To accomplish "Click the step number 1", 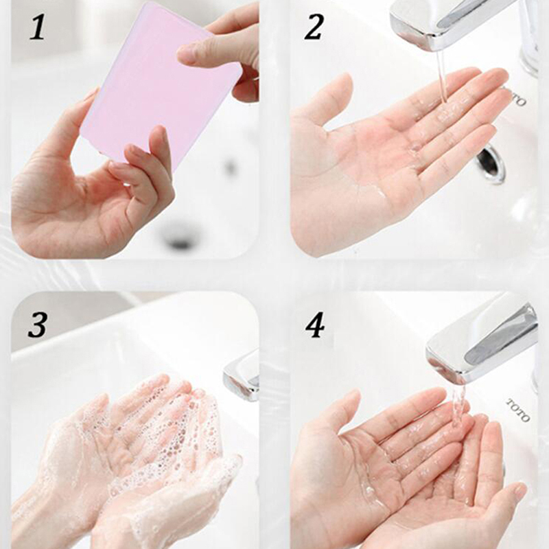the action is tap(38, 27).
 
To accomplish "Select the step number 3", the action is tap(38, 325).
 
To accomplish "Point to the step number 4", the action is tap(315, 325).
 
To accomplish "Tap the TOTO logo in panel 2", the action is tap(514, 97).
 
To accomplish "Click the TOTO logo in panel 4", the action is tap(519, 410).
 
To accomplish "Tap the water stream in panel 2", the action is tap(442, 76).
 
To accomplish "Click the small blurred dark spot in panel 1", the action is tap(231, 167).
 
